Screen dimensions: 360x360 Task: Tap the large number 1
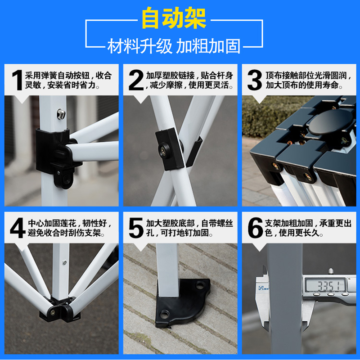17,81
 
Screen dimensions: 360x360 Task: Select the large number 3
254,81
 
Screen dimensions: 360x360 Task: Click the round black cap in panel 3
323,123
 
